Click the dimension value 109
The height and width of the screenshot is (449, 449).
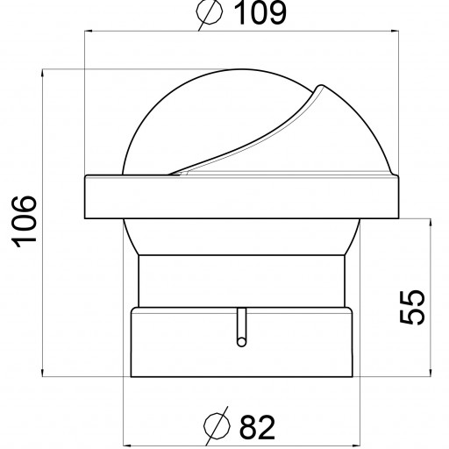[x=260, y=13]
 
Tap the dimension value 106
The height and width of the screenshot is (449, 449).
[x=24, y=222]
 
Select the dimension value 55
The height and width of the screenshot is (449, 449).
[x=412, y=307]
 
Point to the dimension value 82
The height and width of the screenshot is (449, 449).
[x=257, y=427]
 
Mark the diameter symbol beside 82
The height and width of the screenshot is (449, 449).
[x=217, y=426]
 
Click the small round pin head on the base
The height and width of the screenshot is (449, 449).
[x=241, y=342]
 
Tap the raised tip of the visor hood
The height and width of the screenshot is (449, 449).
[x=320, y=87]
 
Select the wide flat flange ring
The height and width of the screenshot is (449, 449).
[x=241, y=196]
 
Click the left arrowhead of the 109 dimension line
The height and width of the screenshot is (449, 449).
[x=87, y=31]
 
